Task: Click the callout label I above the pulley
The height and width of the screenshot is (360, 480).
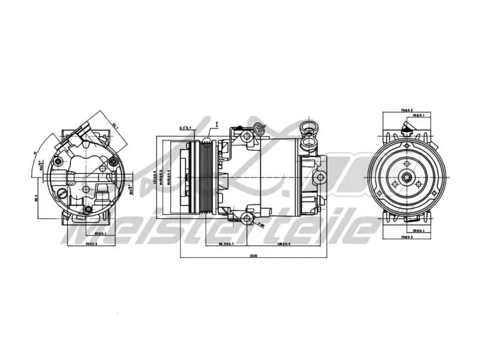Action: (x=217, y=124)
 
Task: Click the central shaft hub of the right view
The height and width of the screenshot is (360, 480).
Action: (x=407, y=177)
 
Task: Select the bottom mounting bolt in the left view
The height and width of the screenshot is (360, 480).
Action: (x=89, y=209)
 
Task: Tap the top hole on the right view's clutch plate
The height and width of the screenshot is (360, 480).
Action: (x=407, y=164)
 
